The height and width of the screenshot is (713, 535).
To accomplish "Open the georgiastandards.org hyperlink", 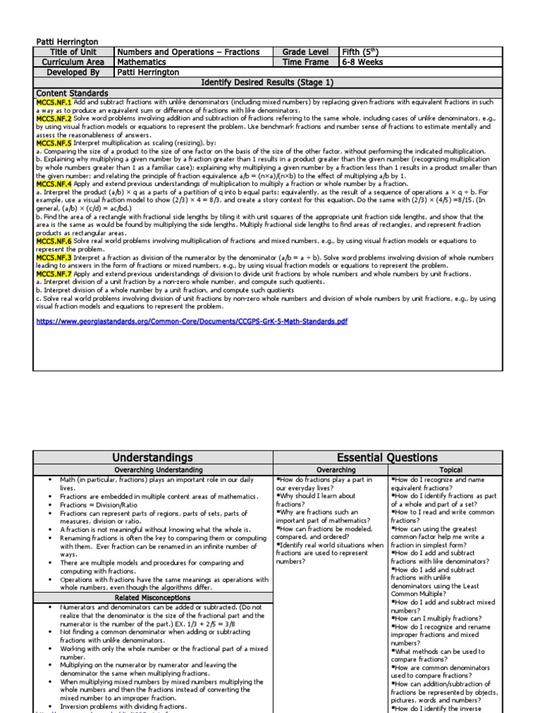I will coord(192,322).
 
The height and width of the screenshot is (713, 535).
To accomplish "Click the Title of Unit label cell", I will coord(73,52).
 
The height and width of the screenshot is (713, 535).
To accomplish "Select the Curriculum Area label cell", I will coord(73,62).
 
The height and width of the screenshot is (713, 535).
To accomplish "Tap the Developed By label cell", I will coord(73,72).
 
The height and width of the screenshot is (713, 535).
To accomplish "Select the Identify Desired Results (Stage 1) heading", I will coord(267,82).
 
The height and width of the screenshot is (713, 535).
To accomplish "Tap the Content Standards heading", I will coord(72,93).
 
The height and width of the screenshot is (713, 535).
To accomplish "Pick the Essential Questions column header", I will coord(387,457).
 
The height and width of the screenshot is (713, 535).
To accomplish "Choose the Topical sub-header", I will coord(450,470).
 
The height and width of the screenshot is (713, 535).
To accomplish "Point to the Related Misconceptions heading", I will coord(152,597).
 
